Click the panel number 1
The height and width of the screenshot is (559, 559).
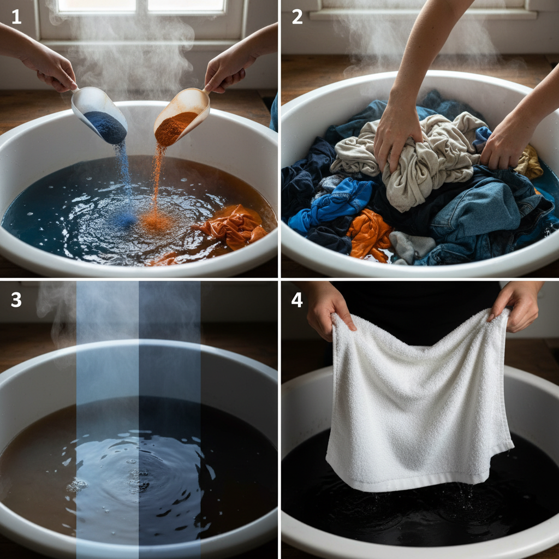click(16, 17)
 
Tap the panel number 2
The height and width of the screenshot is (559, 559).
click(297, 17)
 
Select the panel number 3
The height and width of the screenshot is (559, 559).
click(16, 300)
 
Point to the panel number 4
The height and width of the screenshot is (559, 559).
click(296, 300)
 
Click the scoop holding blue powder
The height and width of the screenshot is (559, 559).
click(100, 114)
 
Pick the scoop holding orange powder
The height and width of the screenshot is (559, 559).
click(181, 116)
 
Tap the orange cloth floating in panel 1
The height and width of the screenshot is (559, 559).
click(231, 227)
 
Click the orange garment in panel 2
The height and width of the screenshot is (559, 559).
click(369, 234)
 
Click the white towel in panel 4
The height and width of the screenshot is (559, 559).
click(419, 399)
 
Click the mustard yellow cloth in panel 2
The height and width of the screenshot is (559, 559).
click(530, 162)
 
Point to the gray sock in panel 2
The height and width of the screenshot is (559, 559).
click(412, 246)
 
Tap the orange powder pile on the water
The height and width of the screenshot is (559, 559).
click(155, 221)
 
